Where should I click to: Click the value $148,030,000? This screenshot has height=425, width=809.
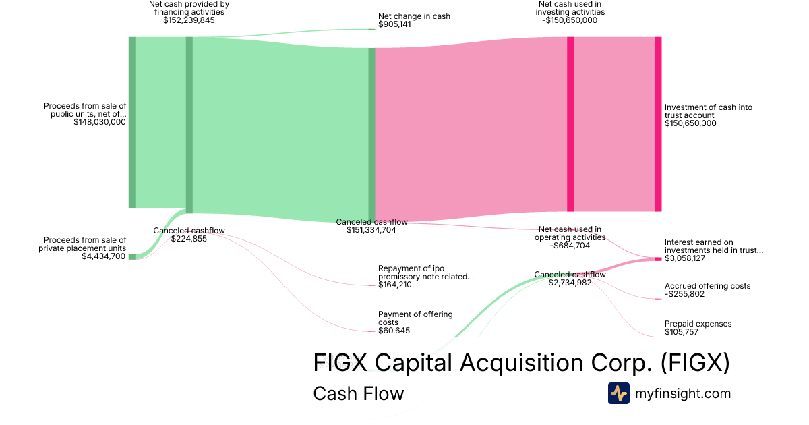click(100, 123)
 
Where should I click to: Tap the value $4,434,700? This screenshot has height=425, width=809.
click(103, 256)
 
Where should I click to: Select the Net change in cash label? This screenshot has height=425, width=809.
click(414, 16)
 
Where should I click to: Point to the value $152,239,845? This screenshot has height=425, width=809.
click(189, 20)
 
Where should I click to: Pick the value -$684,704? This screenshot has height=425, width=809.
click(570, 246)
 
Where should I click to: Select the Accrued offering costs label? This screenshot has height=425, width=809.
click(707, 286)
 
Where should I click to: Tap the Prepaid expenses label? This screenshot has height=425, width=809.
click(698, 324)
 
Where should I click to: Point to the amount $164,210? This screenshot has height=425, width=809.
click(394, 285)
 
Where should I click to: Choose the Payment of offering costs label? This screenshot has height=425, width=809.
click(415, 318)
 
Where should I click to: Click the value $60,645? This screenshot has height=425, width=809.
click(394, 331)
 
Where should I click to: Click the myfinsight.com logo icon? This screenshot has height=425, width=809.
click(618, 393)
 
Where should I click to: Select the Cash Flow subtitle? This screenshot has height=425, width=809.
click(358, 393)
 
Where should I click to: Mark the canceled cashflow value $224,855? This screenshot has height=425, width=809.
click(189, 239)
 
